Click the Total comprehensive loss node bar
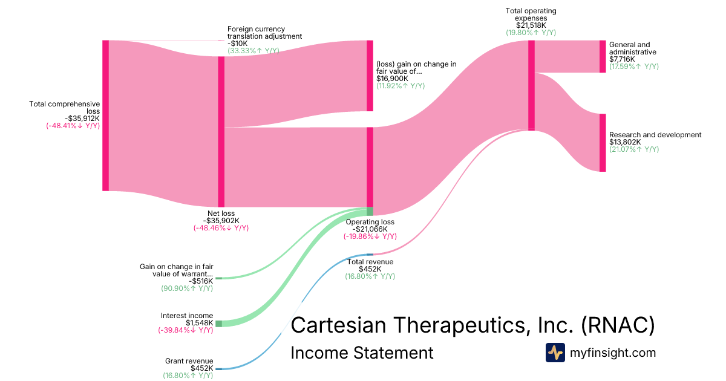[105, 116]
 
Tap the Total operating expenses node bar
[531, 85]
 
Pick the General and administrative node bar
[602, 57]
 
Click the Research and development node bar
[602, 143]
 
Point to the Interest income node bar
[218, 324]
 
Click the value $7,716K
[622, 59]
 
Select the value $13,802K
[625, 142]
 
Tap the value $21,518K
[531, 25]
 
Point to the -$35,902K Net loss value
[221, 221]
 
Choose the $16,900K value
[392, 79]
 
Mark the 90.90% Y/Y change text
[187, 288]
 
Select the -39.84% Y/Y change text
[185, 330]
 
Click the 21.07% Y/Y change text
[634, 149]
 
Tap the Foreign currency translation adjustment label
[264, 33]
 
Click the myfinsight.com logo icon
[555, 353]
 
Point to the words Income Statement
[362, 353]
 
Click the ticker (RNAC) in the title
[617, 325]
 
